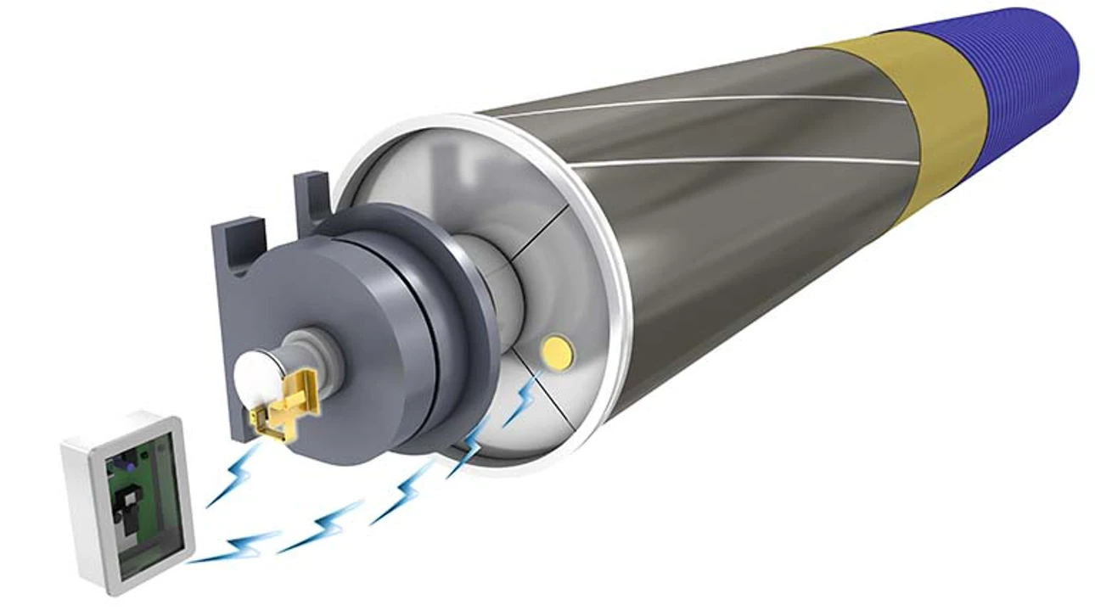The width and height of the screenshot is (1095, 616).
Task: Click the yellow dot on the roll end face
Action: tap(557, 350)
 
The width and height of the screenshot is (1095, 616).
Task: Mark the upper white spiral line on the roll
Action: tap(696, 104)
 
